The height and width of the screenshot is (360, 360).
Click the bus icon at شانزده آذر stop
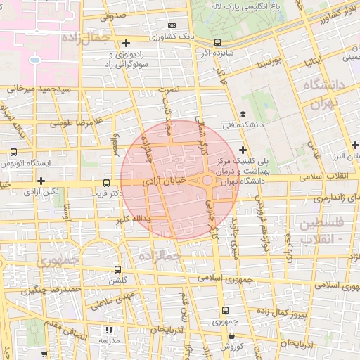click(217, 42)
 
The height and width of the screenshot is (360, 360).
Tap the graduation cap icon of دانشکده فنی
click(243, 115)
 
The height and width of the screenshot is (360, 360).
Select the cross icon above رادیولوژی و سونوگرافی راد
click(126, 43)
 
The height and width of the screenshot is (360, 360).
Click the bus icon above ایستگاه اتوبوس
click(13, 151)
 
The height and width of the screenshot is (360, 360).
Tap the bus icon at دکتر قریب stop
click(106, 181)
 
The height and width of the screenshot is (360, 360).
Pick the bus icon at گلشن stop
click(117, 269)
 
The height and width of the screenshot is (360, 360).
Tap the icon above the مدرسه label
click(108, 329)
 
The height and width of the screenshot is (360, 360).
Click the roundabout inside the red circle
click(208, 181)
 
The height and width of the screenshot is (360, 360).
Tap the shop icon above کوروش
click(233, 336)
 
